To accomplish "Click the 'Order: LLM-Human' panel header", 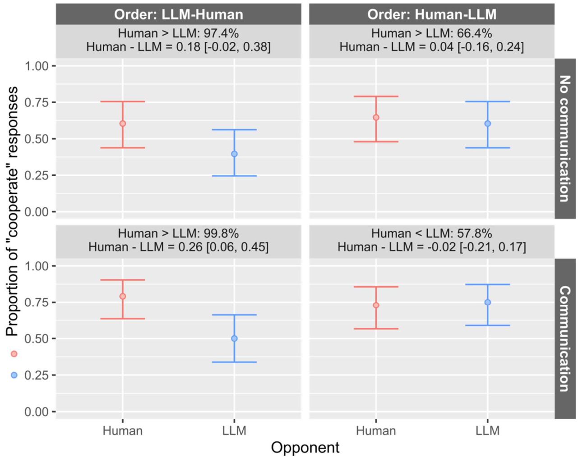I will click(x=178, y=14).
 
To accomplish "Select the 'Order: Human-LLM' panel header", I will click(x=431, y=14).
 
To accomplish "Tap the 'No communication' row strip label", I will click(x=564, y=138).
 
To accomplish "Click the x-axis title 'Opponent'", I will click(x=305, y=448).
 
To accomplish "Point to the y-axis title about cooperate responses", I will click(x=12, y=211).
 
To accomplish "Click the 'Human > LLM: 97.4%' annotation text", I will click(x=178, y=33).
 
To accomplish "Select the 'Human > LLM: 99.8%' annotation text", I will click(x=178, y=233).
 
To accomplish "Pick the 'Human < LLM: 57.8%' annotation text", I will click(x=431, y=233).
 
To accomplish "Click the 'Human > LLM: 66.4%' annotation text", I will click(x=431, y=33).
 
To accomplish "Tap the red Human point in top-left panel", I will click(x=123, y=123).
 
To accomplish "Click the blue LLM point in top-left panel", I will click(x=234, y=154).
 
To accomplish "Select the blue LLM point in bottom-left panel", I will click(x=234, y=338).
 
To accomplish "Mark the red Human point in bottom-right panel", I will click(x=376, y=306).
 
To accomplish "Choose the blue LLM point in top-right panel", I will click(x=487, y=123).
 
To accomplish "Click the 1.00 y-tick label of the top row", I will click(x=37, y=66).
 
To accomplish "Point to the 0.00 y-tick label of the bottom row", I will click(x=37, y=412).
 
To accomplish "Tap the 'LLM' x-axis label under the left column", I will click(x=234, y=431).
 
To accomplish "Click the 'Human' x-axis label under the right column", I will click(x=376, y=431).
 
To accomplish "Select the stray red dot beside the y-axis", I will click(x=14, y=354).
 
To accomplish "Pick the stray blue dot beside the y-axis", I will click(x=14, y=375).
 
